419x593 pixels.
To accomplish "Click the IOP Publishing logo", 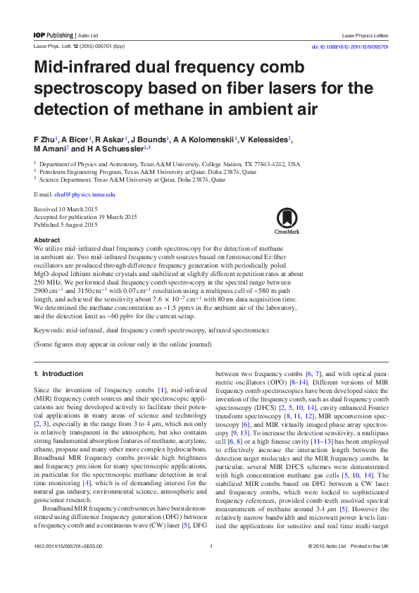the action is coord(53,35).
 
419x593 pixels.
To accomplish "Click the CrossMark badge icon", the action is coord(287,219).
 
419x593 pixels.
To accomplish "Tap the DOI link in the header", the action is coord(349,46).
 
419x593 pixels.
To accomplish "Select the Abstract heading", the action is coord(47,240).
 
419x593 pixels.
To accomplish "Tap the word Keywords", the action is coord(49,330).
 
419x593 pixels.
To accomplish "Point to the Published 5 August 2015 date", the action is coord(66,225).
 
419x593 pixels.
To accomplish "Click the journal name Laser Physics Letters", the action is coord(364,35).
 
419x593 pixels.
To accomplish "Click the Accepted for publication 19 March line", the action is coord(86,217).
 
